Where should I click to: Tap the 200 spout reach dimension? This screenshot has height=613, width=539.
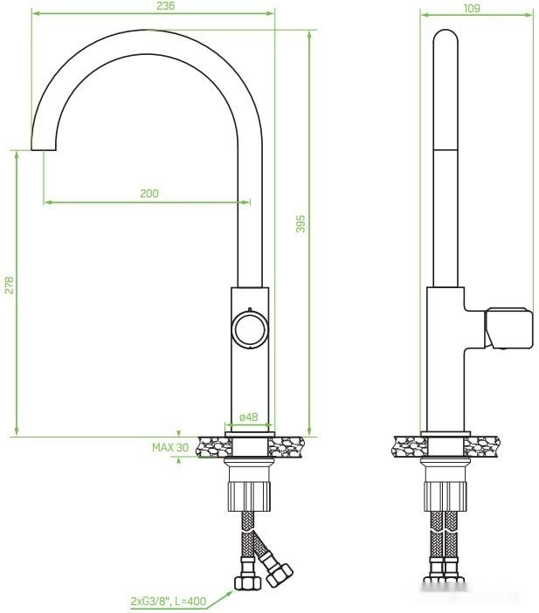(x=149, y=194)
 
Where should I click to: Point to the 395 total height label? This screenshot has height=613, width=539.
(x=300, y=224)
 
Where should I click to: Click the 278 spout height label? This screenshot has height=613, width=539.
(x=9, y=286)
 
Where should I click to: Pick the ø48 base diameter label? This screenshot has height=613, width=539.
(x=249, y=417)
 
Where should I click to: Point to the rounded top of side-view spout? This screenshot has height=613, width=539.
(x=446, y=39)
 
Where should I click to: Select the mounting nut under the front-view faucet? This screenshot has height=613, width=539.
(x=250, y=492)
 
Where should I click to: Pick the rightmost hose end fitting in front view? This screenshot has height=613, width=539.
(x=279, y=575)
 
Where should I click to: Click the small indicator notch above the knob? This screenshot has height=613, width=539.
(x=249, y=309)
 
